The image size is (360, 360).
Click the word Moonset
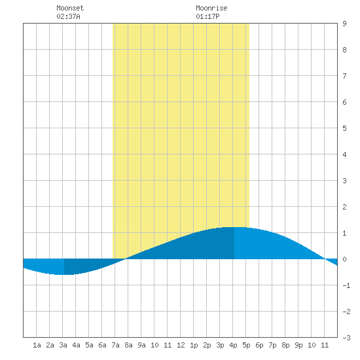(70, 8)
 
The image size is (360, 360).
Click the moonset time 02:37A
(68, 16)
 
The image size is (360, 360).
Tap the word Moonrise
(211, 8)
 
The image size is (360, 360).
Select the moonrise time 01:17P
(207, 16)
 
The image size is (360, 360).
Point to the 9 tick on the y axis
(344, 24)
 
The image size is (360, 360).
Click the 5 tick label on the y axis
(344, 128)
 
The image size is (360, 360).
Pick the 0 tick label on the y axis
(344, 259)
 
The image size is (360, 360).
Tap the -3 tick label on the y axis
(346, 338)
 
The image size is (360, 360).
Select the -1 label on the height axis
(346, 285)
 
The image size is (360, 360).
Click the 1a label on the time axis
(37, 345)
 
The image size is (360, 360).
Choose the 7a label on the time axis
(115, 345)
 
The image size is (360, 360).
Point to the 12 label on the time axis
(181, 345)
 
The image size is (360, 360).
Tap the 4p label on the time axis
(233, 345)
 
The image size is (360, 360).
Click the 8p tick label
(285, 345)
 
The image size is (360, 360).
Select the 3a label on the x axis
(63, 345)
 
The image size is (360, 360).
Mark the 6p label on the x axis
(259, 345)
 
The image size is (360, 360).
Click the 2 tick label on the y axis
(344, 207)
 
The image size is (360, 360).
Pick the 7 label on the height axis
(344, 76)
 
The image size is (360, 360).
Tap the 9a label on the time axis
(141, 345)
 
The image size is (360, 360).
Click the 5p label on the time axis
(246, 345)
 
